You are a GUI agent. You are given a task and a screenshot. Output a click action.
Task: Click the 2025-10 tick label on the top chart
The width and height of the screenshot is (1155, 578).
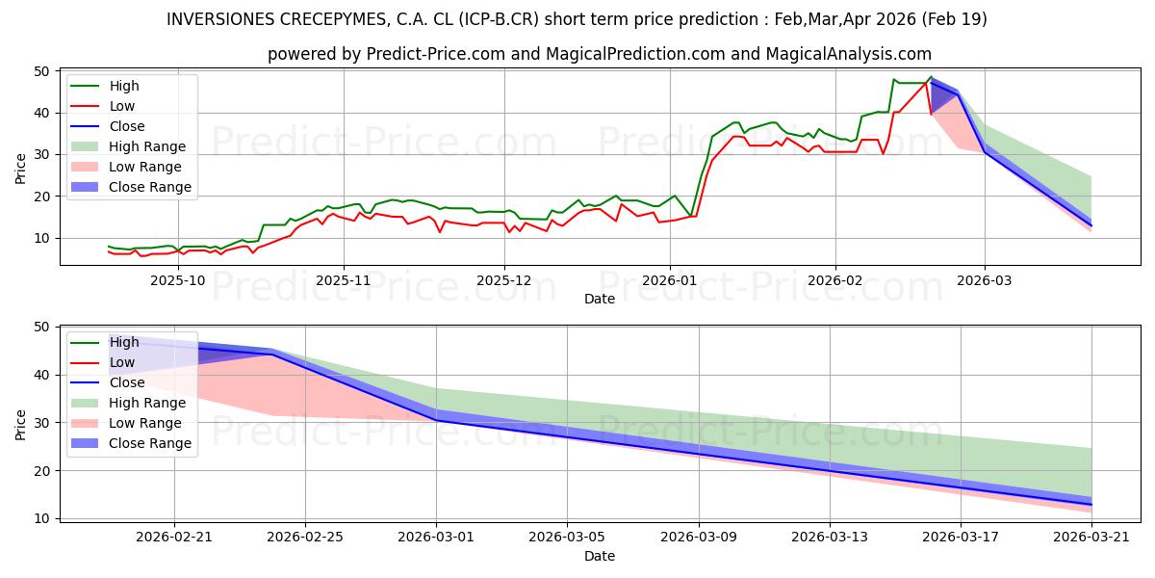178,280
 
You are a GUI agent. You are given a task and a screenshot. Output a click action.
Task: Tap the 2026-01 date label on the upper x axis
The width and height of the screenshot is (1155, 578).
670,280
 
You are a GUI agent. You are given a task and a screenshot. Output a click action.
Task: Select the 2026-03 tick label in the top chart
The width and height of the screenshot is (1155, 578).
985,280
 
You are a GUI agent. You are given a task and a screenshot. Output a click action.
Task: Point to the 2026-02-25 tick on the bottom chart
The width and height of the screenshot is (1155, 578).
305,538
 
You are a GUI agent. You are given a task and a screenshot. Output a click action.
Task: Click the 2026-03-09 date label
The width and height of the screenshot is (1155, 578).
699,538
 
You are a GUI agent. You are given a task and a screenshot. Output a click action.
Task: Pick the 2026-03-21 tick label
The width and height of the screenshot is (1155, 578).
1091,538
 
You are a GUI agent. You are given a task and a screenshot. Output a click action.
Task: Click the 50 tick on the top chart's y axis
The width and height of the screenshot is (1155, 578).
42,71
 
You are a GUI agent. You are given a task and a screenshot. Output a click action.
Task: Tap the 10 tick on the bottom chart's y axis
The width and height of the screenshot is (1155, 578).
42,518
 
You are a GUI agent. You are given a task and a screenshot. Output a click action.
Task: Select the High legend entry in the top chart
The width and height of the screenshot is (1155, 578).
105,86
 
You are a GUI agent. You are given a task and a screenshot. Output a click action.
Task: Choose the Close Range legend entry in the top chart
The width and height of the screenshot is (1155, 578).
131,187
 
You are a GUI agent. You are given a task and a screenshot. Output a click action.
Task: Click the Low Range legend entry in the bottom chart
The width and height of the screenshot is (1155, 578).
126,423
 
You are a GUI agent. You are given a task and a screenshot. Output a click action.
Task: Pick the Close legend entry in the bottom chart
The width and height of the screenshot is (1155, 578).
107,382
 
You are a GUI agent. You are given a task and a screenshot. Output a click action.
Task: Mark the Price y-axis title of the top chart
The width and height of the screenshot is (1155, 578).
20,169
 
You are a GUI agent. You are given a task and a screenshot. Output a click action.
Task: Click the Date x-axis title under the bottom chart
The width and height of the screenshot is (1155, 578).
599,556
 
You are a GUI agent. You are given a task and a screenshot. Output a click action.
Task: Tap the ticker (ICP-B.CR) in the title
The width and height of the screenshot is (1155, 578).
499,19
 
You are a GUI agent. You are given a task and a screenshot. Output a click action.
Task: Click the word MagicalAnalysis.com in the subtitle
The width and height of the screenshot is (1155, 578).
849,54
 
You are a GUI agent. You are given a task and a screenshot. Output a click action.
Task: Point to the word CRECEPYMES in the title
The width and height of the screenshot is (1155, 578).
334,19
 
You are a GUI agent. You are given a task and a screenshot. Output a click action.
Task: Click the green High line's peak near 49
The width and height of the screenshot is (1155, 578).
932,77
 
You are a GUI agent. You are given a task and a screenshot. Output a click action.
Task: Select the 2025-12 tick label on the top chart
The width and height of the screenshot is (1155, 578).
504,280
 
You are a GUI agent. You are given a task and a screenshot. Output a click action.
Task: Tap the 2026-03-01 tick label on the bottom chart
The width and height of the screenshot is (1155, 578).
436,538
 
